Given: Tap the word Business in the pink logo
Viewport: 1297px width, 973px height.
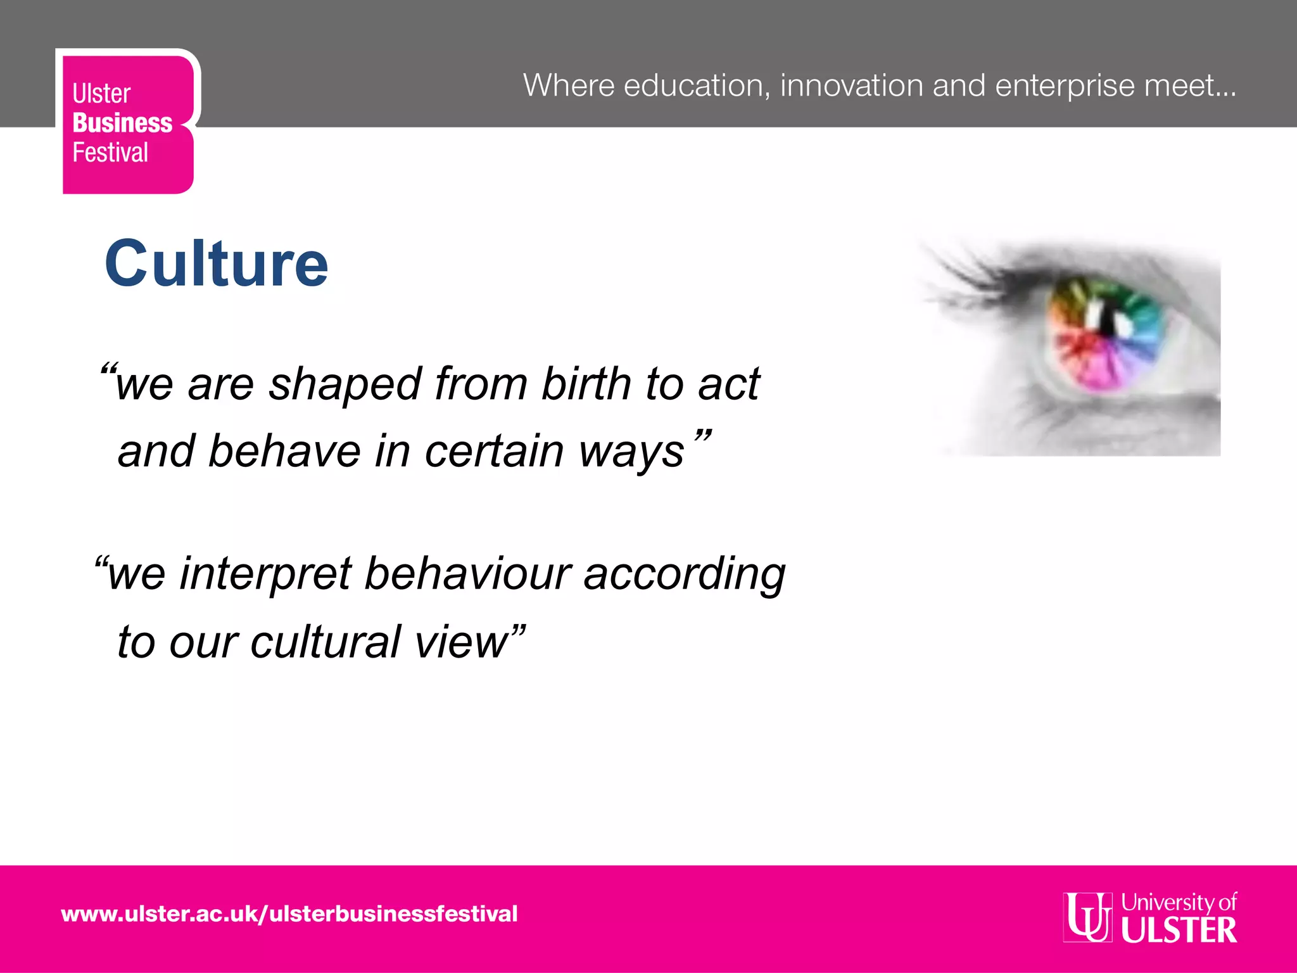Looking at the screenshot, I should tap(122, 123).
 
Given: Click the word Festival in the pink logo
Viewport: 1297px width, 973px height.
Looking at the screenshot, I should tap(110, 153).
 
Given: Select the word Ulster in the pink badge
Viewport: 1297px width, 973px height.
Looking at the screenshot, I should tap(101, 94).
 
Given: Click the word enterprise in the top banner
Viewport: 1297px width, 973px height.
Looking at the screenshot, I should tap(1065, 86).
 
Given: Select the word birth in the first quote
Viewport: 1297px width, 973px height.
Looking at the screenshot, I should tap(586, 384).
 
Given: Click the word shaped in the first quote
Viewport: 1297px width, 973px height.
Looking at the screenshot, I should tap(345, 385).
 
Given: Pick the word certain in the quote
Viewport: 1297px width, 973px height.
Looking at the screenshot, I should tap(494, 451).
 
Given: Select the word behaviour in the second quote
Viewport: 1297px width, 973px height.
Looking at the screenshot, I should tap(468, 574).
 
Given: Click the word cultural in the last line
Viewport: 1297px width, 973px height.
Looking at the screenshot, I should tap(326, 642).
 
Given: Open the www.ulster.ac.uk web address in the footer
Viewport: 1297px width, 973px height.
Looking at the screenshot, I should tap(289, 914).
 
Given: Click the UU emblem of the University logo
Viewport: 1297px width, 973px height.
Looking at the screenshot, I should tap(1087, 917).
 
